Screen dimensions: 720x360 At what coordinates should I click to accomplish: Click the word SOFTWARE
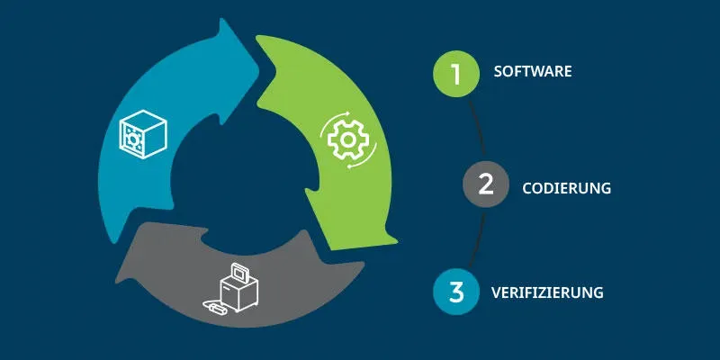click(533, 72)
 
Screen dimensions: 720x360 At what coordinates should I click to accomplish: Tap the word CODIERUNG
click(567, 188)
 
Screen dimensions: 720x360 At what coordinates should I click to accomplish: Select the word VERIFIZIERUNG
click(547, 292)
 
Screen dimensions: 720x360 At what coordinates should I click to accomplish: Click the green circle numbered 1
click(456, 74)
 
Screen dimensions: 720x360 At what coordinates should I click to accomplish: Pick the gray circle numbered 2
click(486, 184)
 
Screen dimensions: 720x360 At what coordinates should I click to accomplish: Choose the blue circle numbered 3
click(456, 292)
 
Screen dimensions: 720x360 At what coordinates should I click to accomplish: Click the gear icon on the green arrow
click(348, 139)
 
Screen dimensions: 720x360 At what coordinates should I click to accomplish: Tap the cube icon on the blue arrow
click(143, 134)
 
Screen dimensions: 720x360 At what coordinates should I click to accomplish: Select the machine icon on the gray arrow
click(230, 288)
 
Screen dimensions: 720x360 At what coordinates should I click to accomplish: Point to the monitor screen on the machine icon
click(239, 274)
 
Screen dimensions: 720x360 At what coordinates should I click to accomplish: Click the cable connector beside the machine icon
click(215, 309)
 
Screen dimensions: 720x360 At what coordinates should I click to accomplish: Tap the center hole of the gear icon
click(348, 139)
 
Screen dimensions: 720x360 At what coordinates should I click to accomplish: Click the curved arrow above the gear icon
click(335, 121)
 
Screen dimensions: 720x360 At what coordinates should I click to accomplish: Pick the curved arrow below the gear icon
click(364, 159)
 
